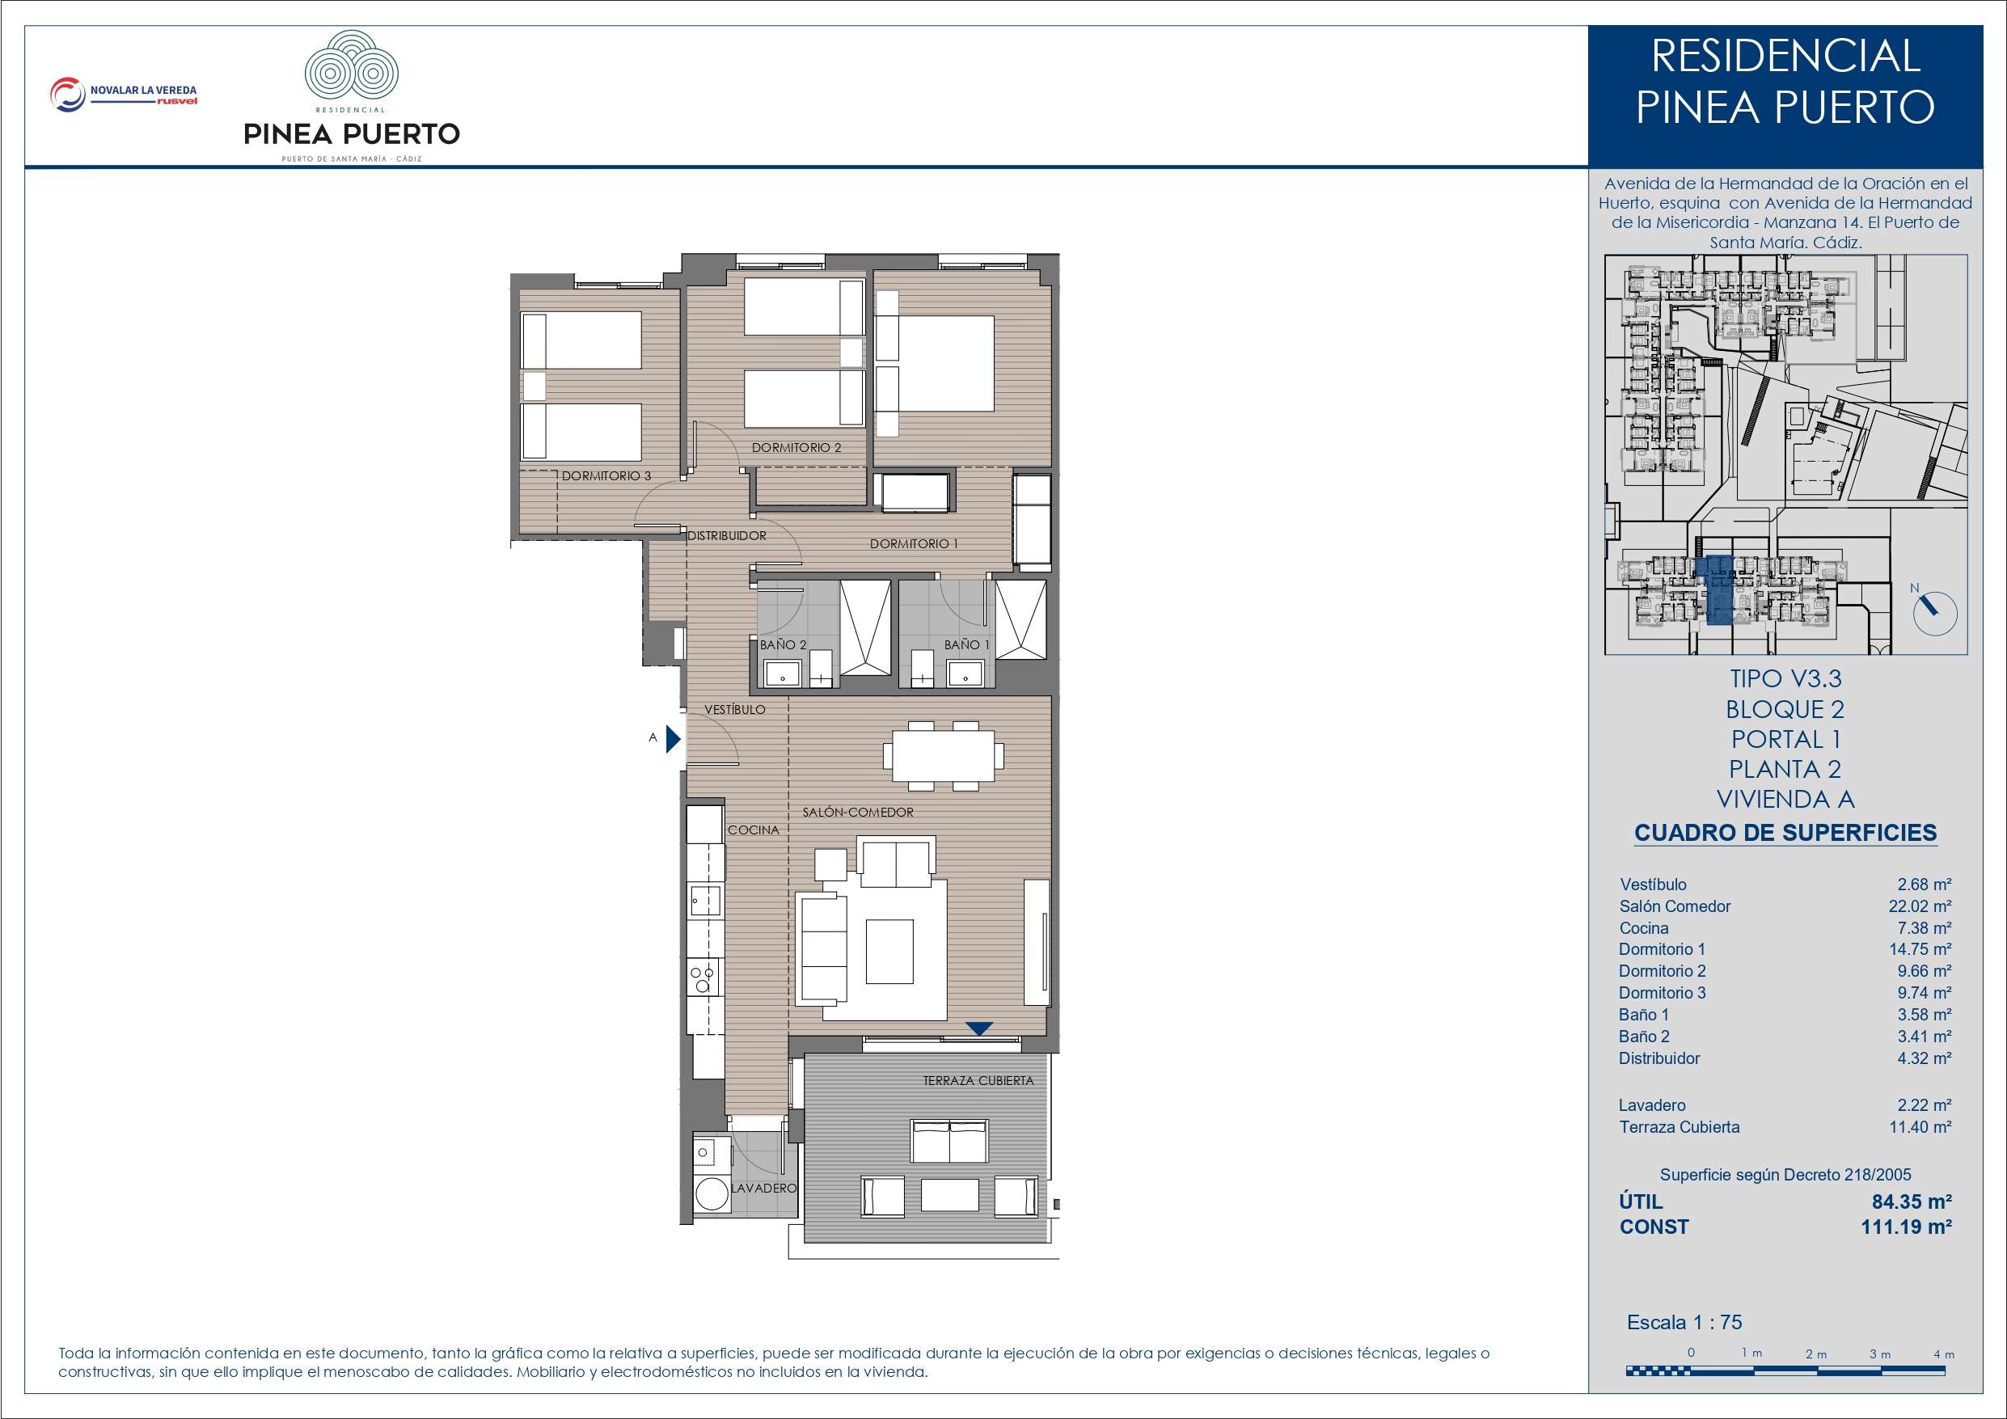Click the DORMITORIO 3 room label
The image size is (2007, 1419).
tap(606, 476)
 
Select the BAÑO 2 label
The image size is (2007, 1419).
tap(783, 644)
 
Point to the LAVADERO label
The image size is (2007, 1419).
tap(764, 1189)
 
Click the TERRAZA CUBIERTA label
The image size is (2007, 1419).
tap(978, 1081)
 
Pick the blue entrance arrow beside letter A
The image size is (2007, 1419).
tap(673, 739)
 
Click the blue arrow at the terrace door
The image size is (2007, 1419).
tap(979, 1029)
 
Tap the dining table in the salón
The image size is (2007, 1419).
tap(943, 755)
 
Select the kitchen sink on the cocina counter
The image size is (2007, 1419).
tap(704, 900)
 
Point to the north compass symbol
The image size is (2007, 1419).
tap(1933, 612)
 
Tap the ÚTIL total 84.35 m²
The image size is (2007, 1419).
tap(1912, 1202)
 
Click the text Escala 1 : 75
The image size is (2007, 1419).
tap(1684, 1322)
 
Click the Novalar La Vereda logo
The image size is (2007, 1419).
tap(123, 95)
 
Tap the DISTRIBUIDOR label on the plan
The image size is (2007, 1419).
tap(726, 536)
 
